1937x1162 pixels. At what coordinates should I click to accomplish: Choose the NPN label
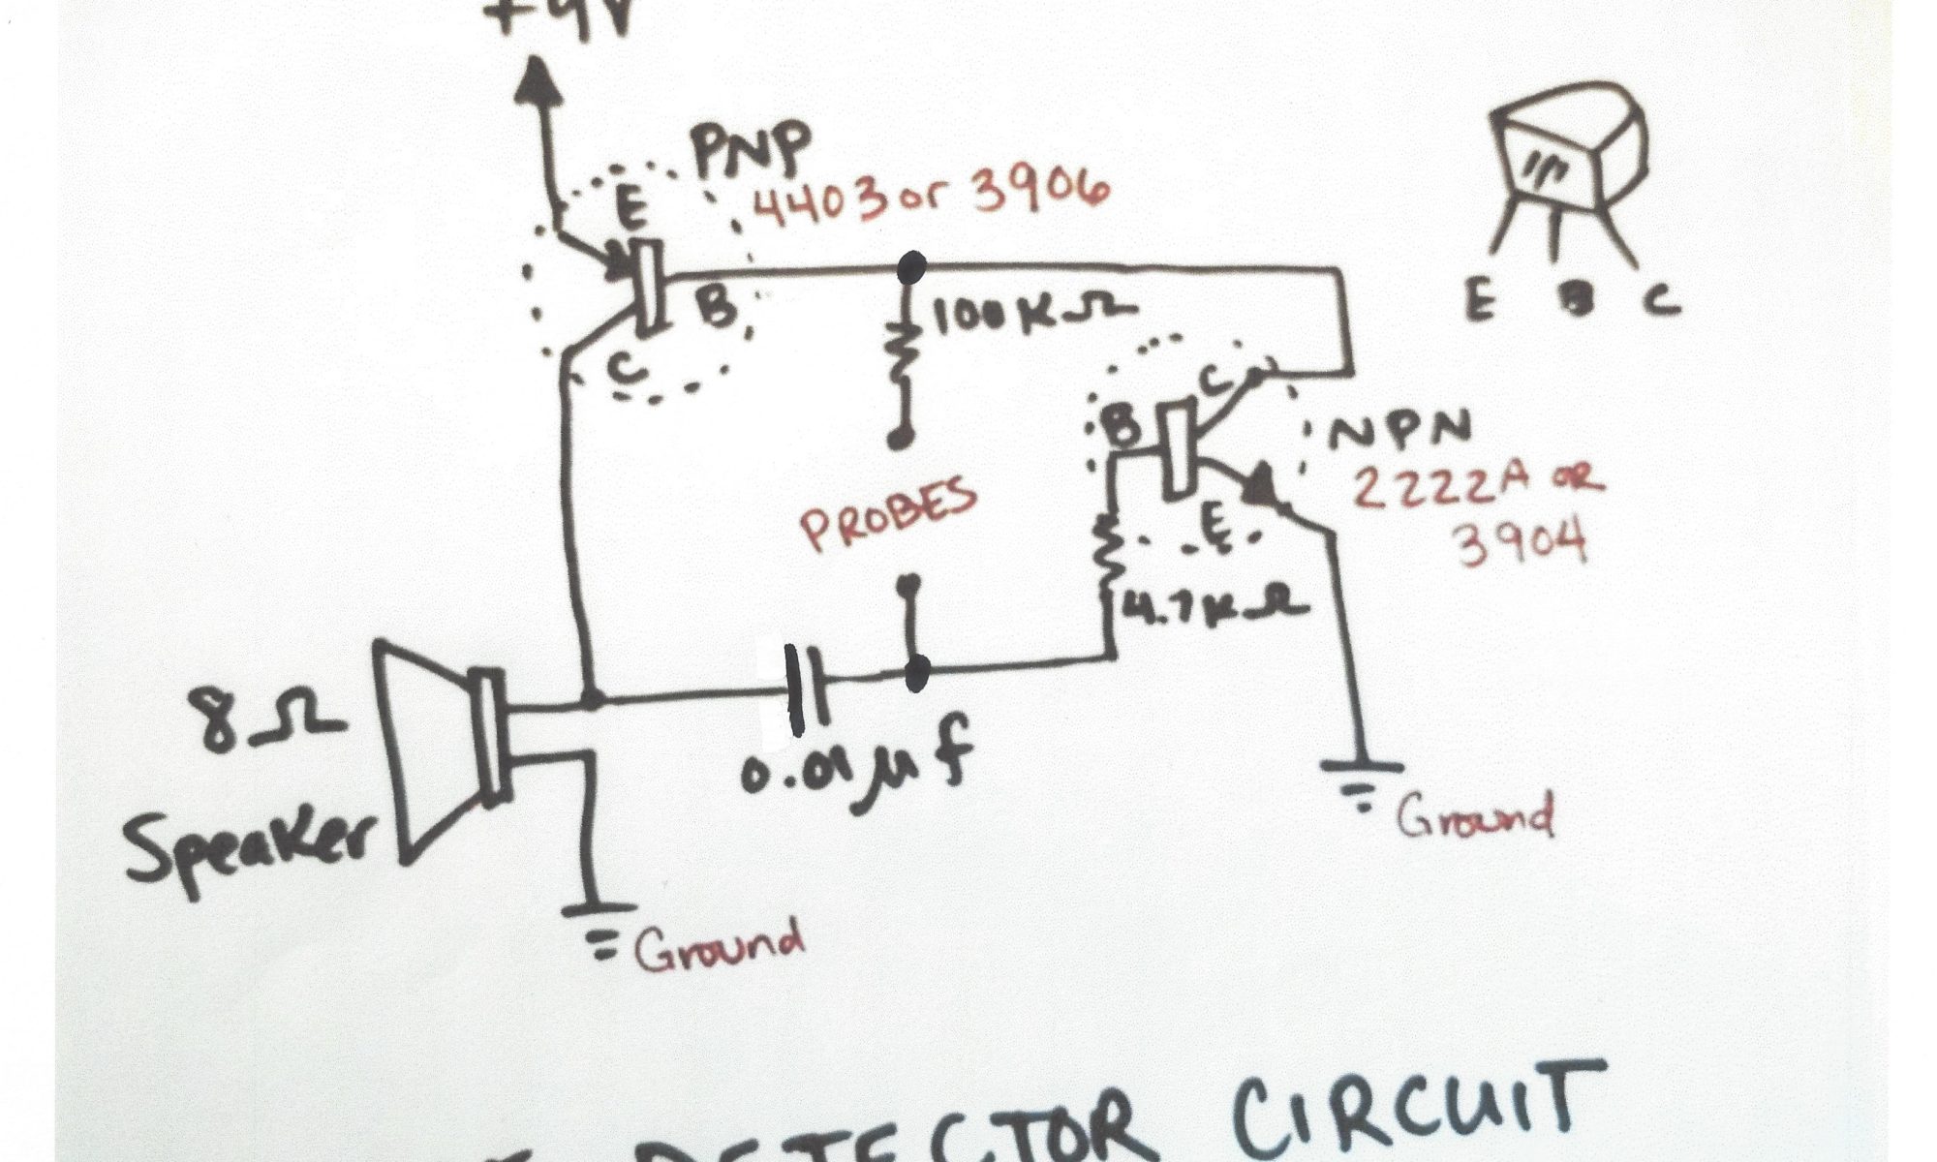pyautogui.click(x=1399, y=431)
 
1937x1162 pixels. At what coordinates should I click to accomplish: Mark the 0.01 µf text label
pyautogui.click(x=852, y=775)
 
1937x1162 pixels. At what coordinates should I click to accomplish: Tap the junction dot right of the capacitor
pyautogui.click(x=916, y=669)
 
